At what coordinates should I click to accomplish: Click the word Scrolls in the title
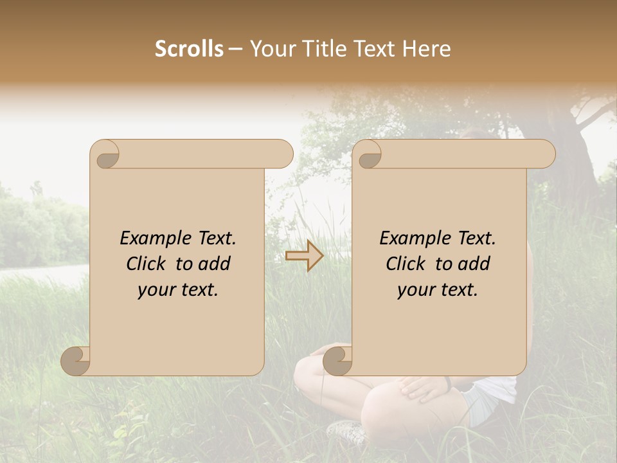[x=190, y=49]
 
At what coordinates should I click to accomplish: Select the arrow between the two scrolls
[x=305, y=257]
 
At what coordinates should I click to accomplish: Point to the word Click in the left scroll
[x=145, y=264]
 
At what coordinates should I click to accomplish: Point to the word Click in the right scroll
[x=405, y=264]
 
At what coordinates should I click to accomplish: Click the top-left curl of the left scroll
[x=105, y=154]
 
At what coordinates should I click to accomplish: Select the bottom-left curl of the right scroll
[x=337, y=361]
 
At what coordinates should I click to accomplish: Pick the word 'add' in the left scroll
[x=215, y=264]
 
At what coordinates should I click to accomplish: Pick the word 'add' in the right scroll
[x=474, y=264]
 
